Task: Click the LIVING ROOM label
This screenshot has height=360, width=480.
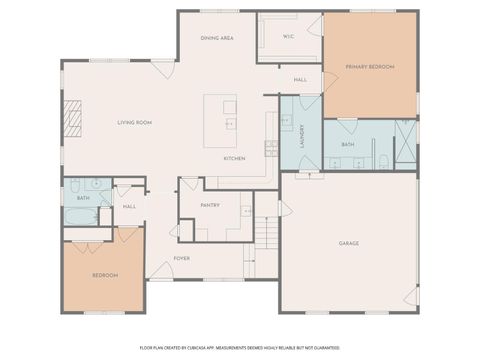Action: click(x=134, y=122)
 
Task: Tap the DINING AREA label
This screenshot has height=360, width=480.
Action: click(x=217, y=38)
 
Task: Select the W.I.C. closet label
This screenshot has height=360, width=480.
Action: click(x=288, y=37)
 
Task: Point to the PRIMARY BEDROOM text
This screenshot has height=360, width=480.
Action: click(x=370, y=66)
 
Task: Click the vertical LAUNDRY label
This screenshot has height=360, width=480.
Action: click(x=301, y=137)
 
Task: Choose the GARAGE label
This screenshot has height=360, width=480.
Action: click(x=348, y=243)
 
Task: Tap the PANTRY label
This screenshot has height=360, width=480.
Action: click(x=210, y=205)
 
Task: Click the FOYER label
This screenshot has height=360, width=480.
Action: click(x=181, y=258)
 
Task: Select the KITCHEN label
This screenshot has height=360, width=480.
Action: click(x=234, y=159)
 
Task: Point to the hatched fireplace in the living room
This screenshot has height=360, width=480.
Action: click(x=72, y=121)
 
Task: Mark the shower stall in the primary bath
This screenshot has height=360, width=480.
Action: click(x=405, y=142)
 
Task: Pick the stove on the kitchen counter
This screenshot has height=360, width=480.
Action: click(x=271, y=149)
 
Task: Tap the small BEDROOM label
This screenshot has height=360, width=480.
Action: click(x=105, y=275)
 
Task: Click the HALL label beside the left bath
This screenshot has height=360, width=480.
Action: click(x=129, y=206)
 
